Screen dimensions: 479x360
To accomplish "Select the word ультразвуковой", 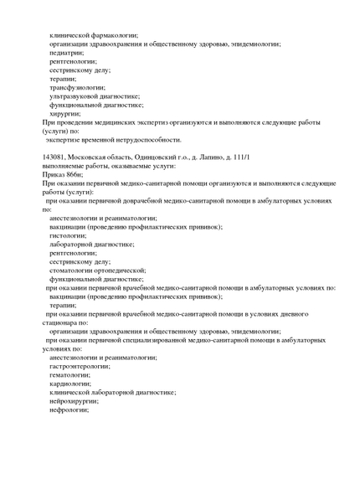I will [x=75, y=96].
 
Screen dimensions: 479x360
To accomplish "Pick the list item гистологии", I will [x=69, y=235].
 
